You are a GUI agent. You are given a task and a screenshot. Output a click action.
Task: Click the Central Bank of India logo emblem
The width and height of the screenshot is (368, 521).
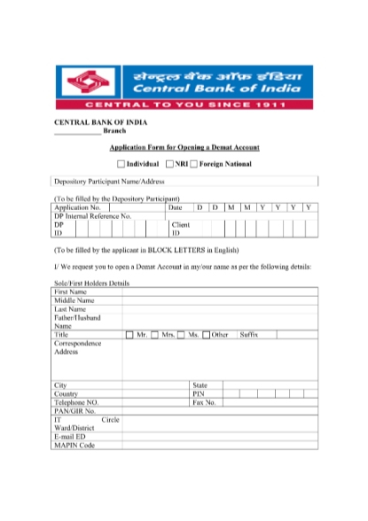click(x=87, y=81)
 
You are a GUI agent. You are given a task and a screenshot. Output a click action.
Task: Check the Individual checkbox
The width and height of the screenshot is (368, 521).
click(x=122, y=164)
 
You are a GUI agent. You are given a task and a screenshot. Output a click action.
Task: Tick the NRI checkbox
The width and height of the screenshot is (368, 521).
click(x=168, y=164)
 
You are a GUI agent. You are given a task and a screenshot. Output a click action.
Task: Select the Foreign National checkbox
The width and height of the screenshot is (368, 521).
click(x=193, y=164)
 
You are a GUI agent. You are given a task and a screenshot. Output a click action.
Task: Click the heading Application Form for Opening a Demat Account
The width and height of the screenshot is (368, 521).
click(x=184, y=147)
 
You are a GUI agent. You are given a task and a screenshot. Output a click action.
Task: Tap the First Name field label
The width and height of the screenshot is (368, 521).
click(x=71, y=292)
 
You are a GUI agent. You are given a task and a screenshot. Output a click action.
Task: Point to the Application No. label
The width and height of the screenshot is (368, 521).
click(x=78, y=207)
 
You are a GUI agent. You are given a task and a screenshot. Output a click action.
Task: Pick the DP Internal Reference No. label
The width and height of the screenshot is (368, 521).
click(x=93, y=215)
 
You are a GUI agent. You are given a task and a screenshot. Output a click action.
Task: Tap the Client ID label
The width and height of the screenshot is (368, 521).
click(x=181, y=229)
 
